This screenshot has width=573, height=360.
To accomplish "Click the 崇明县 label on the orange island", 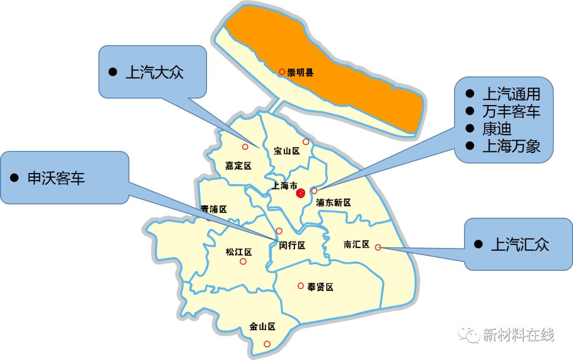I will coord(300,73).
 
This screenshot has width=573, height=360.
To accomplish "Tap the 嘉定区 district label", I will coord(238,166).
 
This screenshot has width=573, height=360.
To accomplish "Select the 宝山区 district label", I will coord(286,151).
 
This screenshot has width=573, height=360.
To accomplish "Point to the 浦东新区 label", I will coord(333,203).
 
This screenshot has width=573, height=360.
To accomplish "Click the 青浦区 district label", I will coord(214,210).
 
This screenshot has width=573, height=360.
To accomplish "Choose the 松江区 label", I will coord(238,252).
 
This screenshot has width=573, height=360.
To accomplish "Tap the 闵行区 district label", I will coord(292,245).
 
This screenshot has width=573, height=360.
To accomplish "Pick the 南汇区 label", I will coord(356,244).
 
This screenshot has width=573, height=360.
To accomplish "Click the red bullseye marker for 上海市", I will coord(301,193).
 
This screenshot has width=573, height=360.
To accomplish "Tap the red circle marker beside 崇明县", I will coord(282,71).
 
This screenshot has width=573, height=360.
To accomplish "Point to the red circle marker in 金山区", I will coord(267,344).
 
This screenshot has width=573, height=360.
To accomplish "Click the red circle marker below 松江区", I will coord(243,261).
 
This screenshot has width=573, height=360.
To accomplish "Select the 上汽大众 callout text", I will coord(154,72).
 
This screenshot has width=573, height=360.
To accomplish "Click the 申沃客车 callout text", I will coord(56,178).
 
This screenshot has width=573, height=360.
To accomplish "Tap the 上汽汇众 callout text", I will coord(520,244).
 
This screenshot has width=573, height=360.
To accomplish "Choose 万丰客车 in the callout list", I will coord(511,112).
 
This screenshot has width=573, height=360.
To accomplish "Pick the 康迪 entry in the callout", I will coord(496,128).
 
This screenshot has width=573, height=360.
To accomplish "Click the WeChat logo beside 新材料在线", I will coord(470,335).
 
